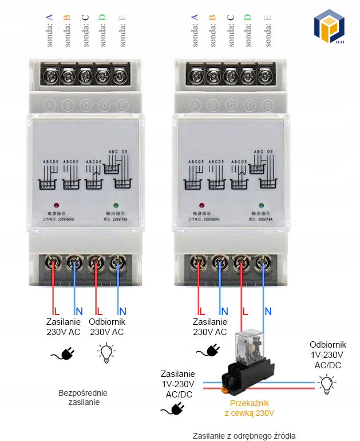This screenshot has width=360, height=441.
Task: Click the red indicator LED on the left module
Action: [x=56, y=205]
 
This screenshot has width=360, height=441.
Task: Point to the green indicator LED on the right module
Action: [x=261, y=205]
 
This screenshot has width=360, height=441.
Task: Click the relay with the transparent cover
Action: [x=248, y=349]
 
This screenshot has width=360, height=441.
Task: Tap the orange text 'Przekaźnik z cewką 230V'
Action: [x=249, y=408]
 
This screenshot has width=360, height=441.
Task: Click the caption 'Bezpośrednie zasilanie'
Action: [x=83, y=397]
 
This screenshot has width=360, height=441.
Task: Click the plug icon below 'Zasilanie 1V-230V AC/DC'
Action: [x=175, y=408]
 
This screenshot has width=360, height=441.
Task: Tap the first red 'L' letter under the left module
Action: [x=57, y=312]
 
